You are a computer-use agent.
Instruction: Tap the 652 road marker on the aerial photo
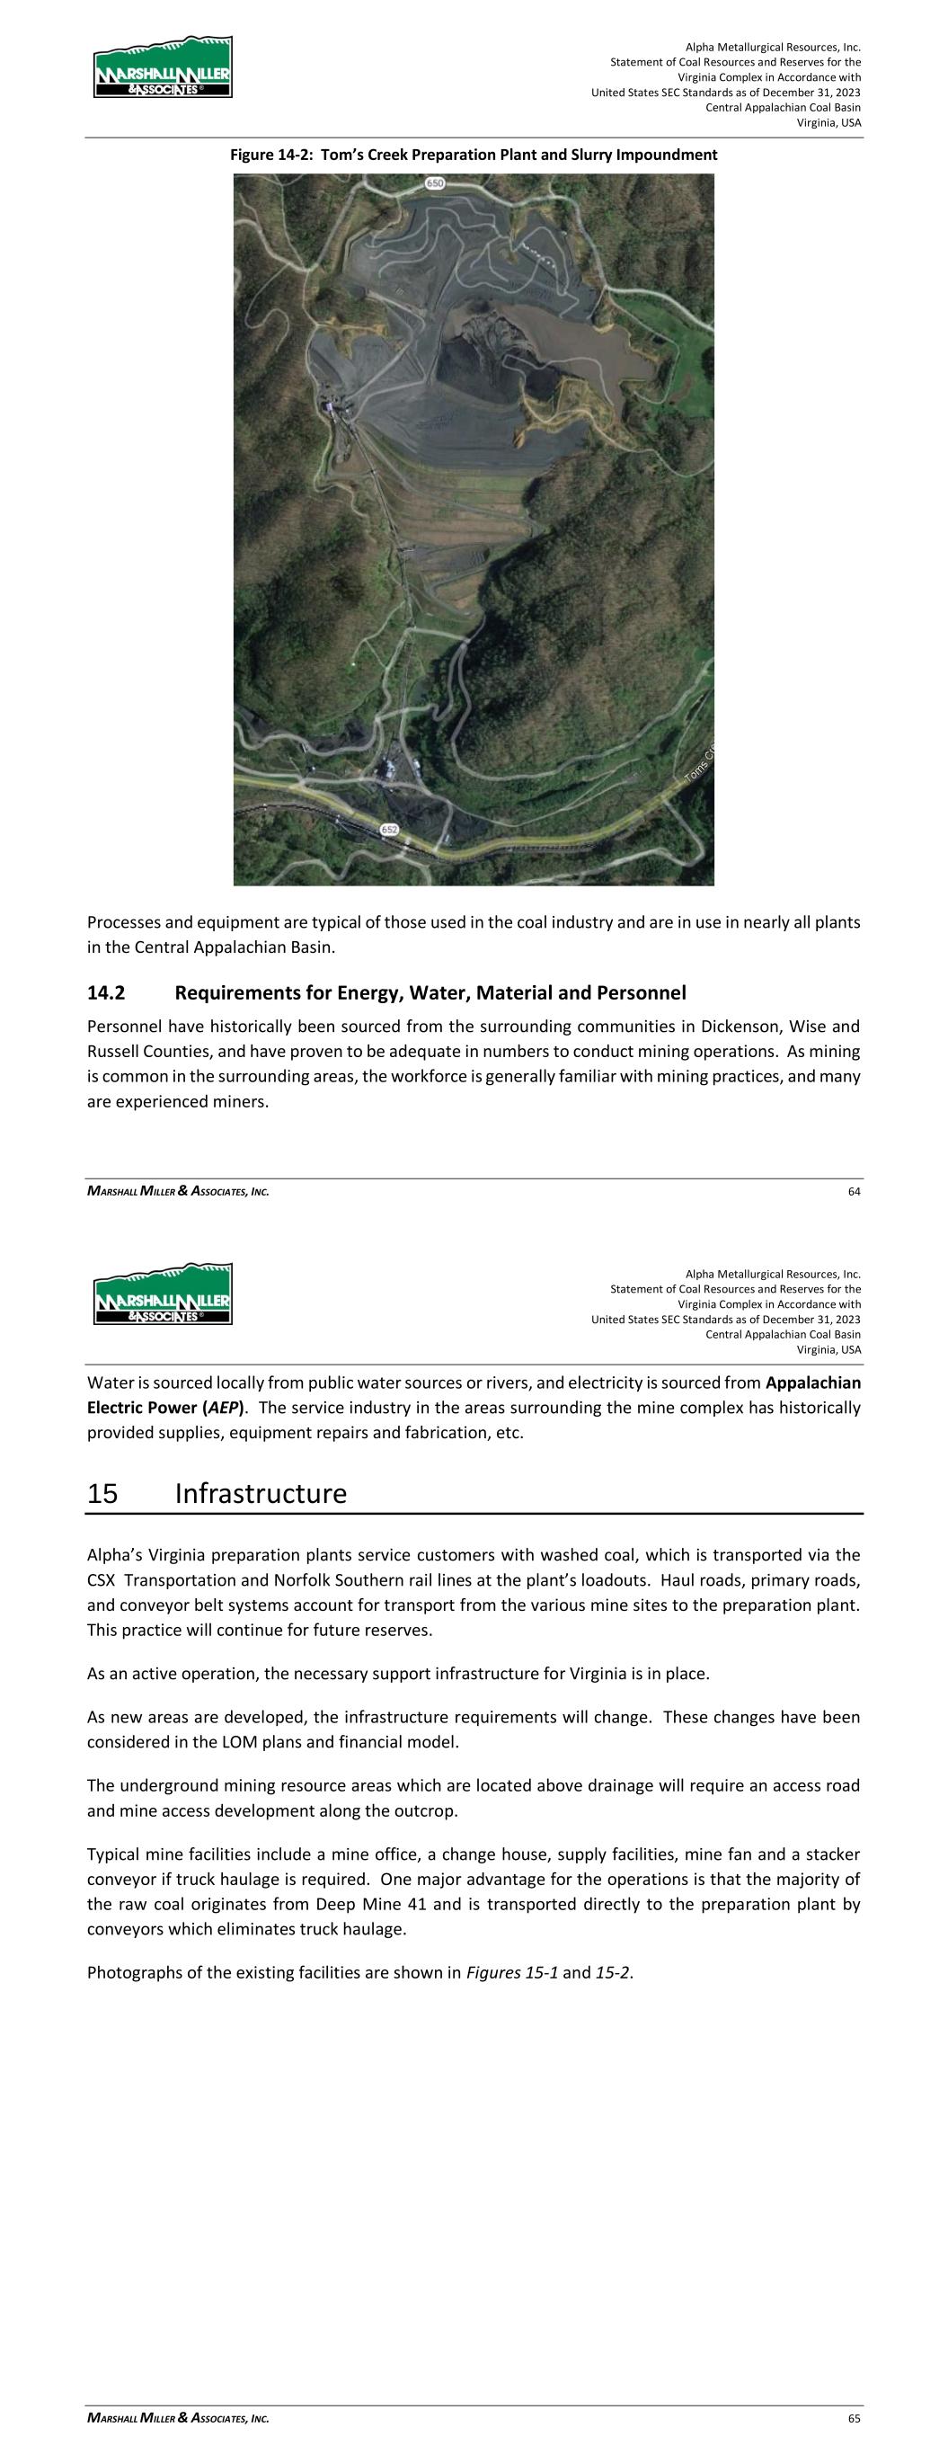point(390,830)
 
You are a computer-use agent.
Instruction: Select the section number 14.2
point(106,993)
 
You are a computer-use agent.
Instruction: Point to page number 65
point(854,2418)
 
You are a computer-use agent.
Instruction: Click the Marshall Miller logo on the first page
point(163,67)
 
